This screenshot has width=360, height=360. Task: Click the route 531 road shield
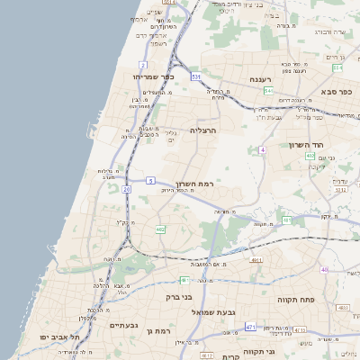click(x=195, y=77)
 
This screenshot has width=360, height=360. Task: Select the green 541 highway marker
click(x=269, y=91)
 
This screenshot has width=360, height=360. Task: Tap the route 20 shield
click(x=127, y=190)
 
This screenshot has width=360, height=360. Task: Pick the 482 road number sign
click(x=160, y=230)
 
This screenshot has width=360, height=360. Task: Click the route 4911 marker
click(x=256, y=260)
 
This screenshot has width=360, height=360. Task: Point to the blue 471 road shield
click(x=250, y=327)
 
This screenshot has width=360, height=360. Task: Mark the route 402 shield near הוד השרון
click(x=310, y=156)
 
